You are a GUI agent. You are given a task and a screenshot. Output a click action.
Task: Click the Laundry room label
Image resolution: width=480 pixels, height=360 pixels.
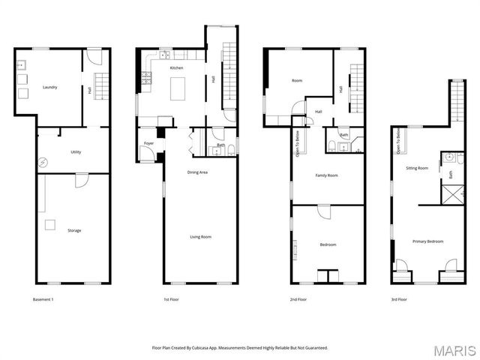[50, 88]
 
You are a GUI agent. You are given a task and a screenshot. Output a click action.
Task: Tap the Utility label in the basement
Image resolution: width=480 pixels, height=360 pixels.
[76, 152]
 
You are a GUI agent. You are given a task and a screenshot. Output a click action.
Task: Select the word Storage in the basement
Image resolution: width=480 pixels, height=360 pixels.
[74, 230]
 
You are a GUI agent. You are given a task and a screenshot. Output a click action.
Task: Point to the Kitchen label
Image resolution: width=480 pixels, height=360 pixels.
[176, 68]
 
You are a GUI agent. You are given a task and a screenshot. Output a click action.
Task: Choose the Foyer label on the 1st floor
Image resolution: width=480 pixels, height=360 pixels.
[148, 142]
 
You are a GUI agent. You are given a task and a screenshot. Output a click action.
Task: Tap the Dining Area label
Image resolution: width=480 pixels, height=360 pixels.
[197, 172]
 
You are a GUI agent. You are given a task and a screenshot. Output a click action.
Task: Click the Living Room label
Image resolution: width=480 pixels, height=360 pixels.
[200, 237]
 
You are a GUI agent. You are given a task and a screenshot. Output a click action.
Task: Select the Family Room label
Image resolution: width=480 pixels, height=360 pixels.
[326, 175]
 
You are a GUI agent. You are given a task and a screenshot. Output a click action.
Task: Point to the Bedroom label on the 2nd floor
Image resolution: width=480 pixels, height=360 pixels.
[328, 244]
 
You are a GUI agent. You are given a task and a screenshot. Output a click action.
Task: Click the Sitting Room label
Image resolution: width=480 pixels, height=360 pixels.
[417, 169]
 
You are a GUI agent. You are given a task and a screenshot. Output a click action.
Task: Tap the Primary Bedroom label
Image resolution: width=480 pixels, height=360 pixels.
[427, 241]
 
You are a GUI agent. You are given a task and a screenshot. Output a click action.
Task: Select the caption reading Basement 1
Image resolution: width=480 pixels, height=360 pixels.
[43, 299]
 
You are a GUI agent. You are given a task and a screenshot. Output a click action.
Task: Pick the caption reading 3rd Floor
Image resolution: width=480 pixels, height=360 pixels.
[398, 299]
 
